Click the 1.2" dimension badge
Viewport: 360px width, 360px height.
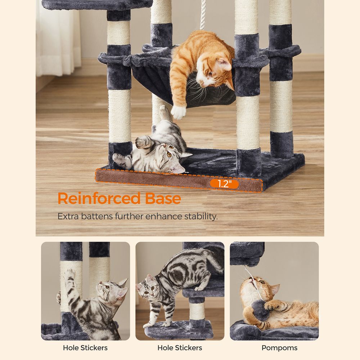[x=224, y=184]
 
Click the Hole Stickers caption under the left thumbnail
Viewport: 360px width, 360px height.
[x=85, y=348]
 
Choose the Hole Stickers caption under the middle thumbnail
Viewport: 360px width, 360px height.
[x=180, y=348]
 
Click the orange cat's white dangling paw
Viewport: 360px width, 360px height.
[x=178, y=112]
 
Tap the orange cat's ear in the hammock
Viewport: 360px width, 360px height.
[x=224, y=65]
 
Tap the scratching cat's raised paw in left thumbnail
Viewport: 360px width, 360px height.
[x=69, y=275]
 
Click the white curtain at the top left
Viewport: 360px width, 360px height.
[x=58, y=36]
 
